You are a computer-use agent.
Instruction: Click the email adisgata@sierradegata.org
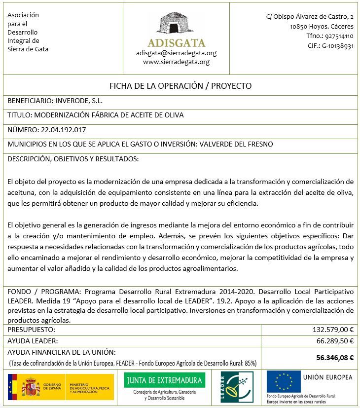[x=176, y=53]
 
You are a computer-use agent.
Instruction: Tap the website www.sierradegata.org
[x=176, y=62]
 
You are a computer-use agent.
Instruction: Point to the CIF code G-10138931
[x=338, y=46]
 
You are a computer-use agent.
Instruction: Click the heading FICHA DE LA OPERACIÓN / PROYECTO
[x=180, y=86]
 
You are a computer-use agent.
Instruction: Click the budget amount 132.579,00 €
[x=333, y=330]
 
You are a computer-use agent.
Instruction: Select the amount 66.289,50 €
[x=335, y=341]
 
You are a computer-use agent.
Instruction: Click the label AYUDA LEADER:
[x=33, y=341]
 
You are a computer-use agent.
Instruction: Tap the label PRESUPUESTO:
[x=31, y=330]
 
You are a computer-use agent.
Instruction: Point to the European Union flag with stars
[x=284, y=381]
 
